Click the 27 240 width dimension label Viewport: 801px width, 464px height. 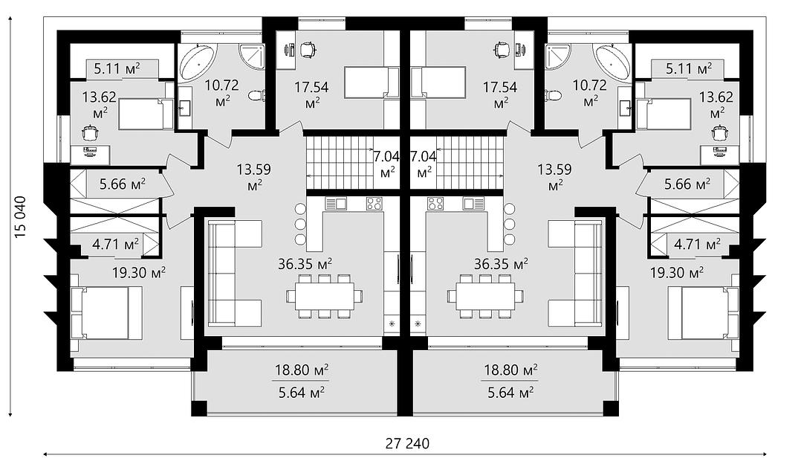407,444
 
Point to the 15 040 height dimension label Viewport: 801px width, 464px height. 21,216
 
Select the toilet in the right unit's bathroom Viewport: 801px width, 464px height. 554,96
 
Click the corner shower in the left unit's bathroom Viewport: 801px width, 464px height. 253,57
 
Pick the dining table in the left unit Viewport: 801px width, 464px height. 325,297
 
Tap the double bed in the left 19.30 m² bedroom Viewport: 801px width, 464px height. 106,313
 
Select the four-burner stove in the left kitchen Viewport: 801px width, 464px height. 374,204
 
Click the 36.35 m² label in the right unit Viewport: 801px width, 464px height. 501,264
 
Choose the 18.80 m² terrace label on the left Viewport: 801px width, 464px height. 302,370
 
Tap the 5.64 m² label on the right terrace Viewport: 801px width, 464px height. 511,393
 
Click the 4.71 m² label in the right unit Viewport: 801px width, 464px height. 697,244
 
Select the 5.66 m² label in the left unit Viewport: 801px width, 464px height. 122,184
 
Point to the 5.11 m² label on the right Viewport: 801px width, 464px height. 689,68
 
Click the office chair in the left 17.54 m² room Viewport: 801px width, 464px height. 306,49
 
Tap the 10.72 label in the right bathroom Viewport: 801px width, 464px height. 589,85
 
